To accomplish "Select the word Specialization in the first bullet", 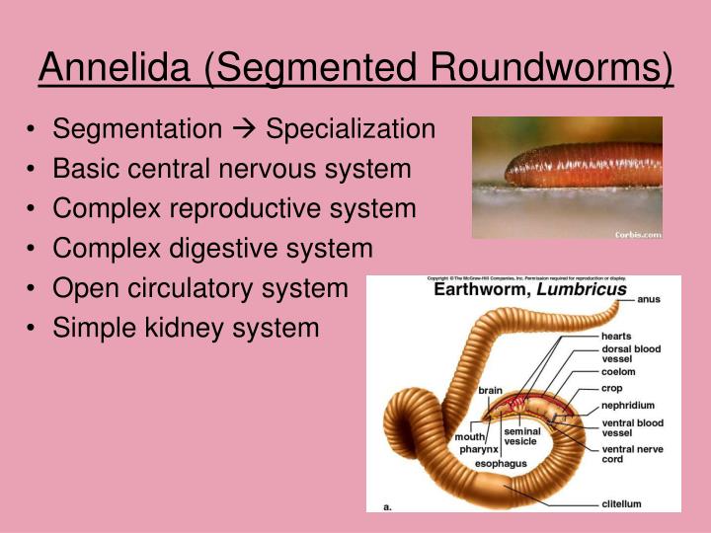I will (351, 129).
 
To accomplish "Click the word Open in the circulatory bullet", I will (85, 287).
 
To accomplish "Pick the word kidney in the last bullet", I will (192, 327).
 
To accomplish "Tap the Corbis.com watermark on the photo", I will (637, 234).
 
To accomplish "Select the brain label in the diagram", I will (490, 390).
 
